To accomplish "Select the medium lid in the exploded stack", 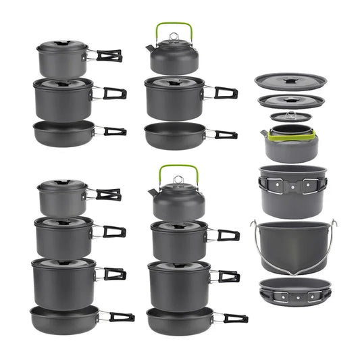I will click(x=290, y=101).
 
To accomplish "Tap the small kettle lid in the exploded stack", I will click(x=290, y=117).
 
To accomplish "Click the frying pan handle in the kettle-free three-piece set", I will click(x=114, y=131).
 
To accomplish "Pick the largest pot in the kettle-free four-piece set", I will click(x=63, y=280).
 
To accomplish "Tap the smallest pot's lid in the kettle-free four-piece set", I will click(x=61, y=184).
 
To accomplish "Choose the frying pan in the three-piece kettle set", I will click(x=174, y=134).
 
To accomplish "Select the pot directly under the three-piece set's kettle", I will click(x=174, y=98).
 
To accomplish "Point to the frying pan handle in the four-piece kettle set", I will click(x=230, y=317).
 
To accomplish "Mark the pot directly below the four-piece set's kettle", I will click(x=178, y=239).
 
